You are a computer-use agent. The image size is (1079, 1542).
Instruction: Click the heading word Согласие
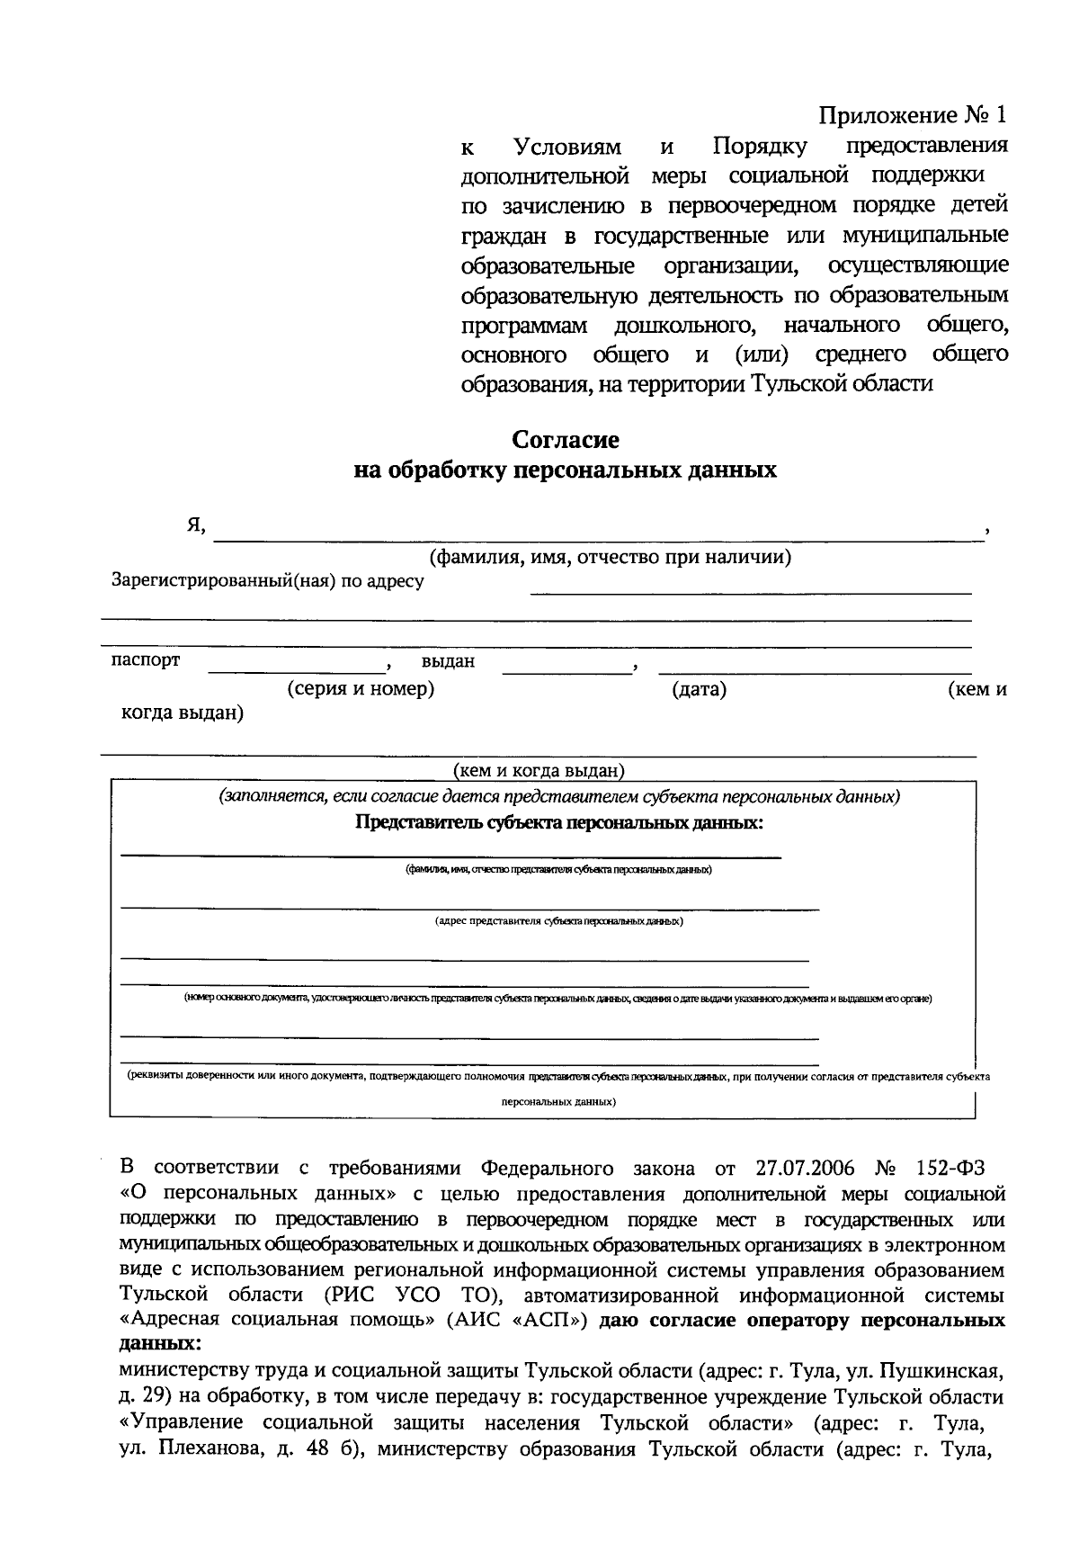566,440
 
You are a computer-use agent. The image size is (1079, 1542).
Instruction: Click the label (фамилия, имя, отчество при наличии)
611,557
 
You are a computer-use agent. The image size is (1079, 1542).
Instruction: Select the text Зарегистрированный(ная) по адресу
267,581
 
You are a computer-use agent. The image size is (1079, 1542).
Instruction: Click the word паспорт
145,660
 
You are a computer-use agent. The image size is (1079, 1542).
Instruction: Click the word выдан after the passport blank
448,662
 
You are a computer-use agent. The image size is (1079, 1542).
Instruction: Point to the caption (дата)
699,690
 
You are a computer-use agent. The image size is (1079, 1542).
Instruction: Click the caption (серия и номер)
361,690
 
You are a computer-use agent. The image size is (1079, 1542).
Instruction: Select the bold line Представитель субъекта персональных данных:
559,822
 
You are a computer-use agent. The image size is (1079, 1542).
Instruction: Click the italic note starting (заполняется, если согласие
558,797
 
